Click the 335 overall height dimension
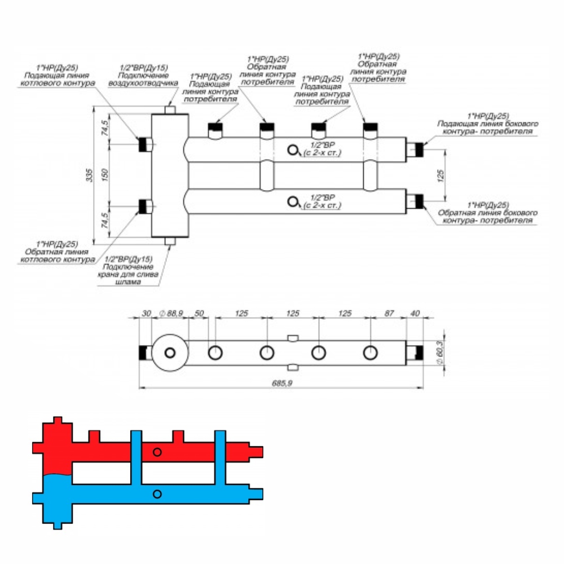pyautogui.click(x=89, y=176)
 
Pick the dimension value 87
pyautogui.click(x=388, y=313)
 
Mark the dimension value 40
pyautogui.click(x=416, y=313)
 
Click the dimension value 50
pyautogui.click(x=199, y=313)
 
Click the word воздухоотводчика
pyautogui.click(x=144, y=82)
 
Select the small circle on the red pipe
pyautogui.click(x=157, y=452)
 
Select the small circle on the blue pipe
pyautogui.click(x=157, y=494)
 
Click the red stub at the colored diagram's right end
pyautogui.click(x=257, y=451)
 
